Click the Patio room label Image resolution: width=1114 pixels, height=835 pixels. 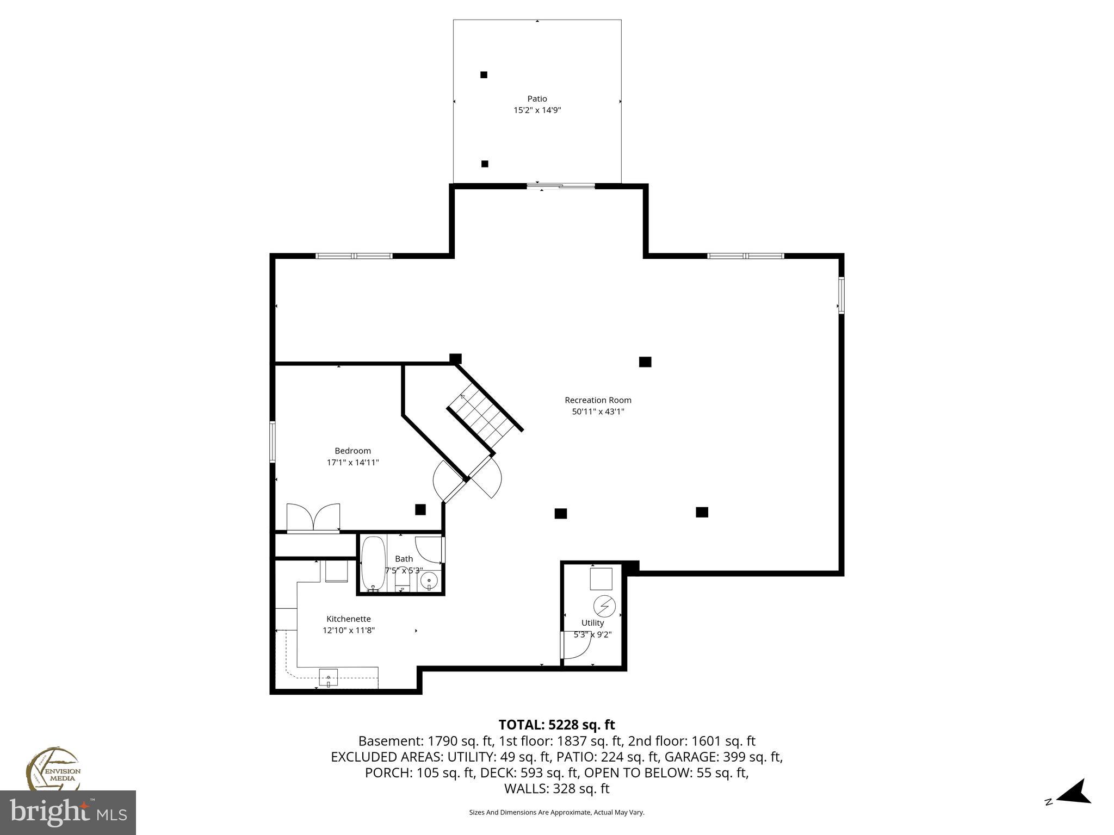point(537,99)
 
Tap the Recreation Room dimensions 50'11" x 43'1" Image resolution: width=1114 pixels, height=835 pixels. point(598,412)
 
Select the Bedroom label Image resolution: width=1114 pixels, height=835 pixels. point(352,451)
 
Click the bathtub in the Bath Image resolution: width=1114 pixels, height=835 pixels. point(373,563)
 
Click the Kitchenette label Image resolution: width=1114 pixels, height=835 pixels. point(348,619)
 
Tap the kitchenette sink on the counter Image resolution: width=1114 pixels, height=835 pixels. point(328,678)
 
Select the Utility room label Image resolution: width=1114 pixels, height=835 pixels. point(592,623)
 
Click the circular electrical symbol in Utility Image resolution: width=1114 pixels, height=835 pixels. point(604,606)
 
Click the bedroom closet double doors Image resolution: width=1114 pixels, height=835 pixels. point(313,518)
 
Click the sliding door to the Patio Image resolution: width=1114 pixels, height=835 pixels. point(561,186)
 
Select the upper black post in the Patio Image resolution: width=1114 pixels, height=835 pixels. point(484,75)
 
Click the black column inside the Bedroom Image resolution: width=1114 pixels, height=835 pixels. point(420,509)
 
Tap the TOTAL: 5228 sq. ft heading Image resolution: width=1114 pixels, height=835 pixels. point(556,725)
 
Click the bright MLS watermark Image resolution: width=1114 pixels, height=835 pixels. point(68,812)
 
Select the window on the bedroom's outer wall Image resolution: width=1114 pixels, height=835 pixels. point(273,441)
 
